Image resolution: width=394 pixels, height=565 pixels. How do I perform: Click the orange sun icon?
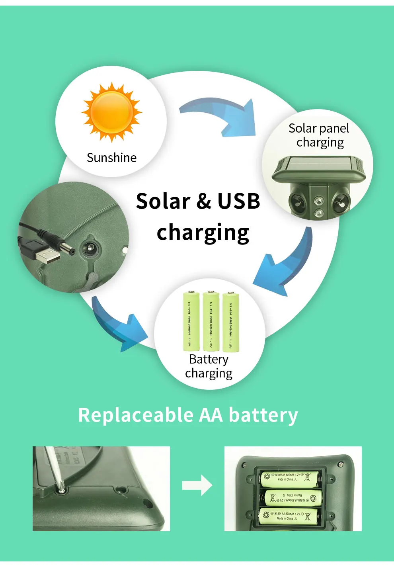pyautogui.click(x=112, y=112)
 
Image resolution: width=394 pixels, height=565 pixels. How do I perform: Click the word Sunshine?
pyautogui.click(x=111, y=158)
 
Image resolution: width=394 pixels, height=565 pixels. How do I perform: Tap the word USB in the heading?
pyautogui.click(x=238, y=201)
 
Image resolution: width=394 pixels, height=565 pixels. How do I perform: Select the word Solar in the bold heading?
pyautogui.click(x=163, y=201)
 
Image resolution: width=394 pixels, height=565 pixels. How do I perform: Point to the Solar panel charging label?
pyautogui.click(x=319, y=135)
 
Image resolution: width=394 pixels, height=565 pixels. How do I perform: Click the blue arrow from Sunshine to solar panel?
pyautogui.click(x=223, y=115)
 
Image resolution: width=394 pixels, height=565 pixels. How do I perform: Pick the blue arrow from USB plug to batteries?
pyautogui.click(x=118, y=325)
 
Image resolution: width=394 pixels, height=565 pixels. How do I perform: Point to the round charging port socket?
pyautogui.click(x=91, y=250)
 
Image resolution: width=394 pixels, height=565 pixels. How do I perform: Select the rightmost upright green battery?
pyautogui.click(x=231, y=322)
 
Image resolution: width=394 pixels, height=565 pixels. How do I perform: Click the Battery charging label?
pyautogui.click(x=209, y=366)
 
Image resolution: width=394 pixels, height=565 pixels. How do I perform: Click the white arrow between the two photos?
pyautogui.click(x=197, y=485)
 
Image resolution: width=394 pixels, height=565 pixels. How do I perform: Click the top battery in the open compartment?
pyautogui.click(x=290, y=477)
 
